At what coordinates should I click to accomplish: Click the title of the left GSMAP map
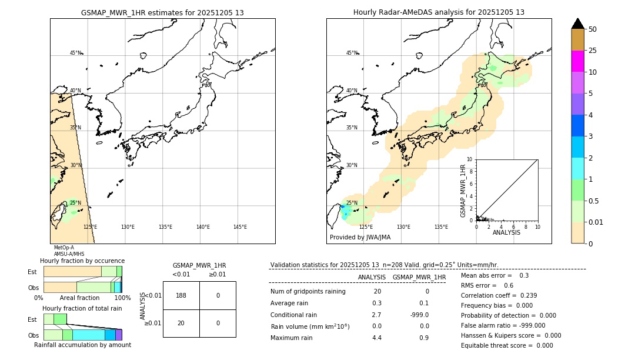coord(162,12)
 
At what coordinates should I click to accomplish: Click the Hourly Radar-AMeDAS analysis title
coord(439,12)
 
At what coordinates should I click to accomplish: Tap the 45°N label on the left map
coord(75,53)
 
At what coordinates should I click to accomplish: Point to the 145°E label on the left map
coord(240,227)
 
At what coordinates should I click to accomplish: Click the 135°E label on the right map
coord(441,227)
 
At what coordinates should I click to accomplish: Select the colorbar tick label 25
coord(593,51)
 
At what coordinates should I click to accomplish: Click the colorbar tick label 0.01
coord(597,222)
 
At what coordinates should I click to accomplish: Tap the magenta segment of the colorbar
coord(578,61)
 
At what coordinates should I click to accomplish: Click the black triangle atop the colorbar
coord(578,24)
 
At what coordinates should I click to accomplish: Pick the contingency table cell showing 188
coord(181,295)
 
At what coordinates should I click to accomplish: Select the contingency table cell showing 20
coord(181,323)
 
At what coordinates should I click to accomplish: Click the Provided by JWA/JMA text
coord(360,237)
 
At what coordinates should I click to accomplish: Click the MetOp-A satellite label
coord(64,248)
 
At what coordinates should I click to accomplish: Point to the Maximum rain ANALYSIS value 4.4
coord(377,338)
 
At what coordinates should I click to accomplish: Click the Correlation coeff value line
coord(499,295)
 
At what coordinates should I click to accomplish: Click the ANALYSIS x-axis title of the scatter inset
coord(506,232)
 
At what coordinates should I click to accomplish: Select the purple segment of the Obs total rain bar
coord(119,335)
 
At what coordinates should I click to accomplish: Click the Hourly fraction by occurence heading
coord(82,261)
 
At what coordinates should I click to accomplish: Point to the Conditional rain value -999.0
coord(419,315)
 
